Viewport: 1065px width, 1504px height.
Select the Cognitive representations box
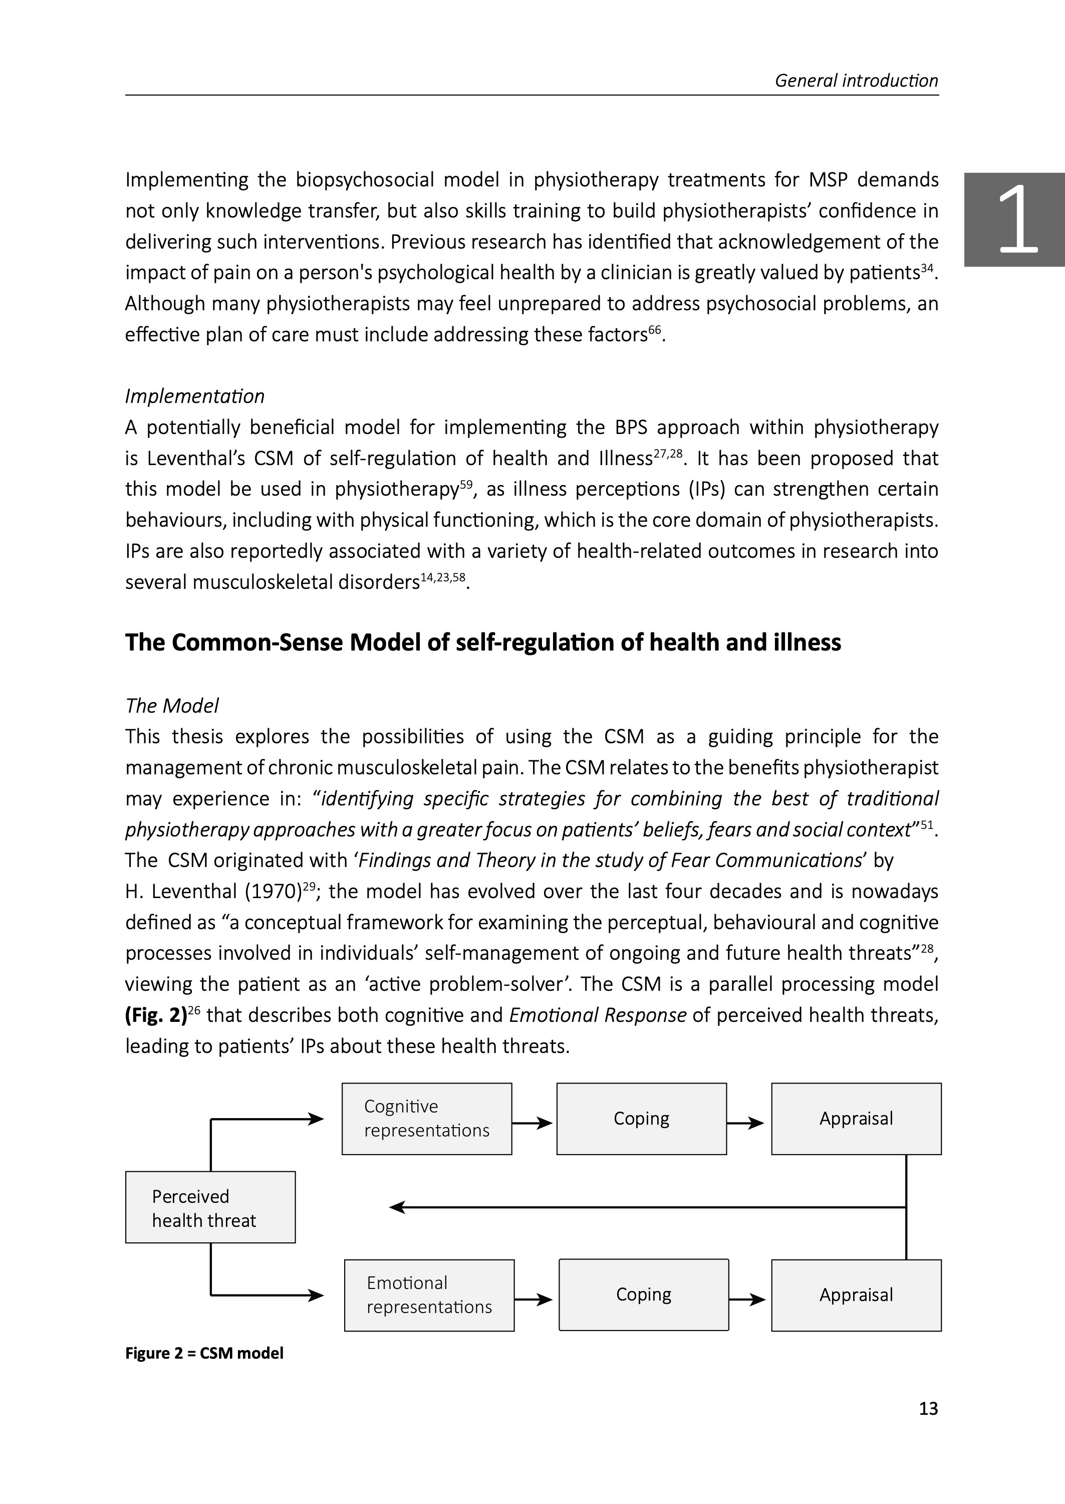(426, 1118)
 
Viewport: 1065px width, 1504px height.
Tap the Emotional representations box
(429, 1295)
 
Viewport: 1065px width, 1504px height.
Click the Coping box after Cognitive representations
(641, 1118)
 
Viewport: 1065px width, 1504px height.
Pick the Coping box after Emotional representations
(643, 1295)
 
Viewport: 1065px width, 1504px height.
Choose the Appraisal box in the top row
(856, 1118)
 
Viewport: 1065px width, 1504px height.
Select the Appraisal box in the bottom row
(856, 1295)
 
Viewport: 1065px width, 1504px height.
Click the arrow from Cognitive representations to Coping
(533, 1123)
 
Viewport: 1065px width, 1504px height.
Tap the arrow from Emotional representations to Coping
(535, 1300)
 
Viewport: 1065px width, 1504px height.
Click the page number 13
(928, 1408)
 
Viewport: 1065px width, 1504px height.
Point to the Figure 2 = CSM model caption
(204, 1353)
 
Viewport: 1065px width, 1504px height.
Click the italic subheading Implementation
(195, 396)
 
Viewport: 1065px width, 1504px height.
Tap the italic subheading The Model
(172, 706)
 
